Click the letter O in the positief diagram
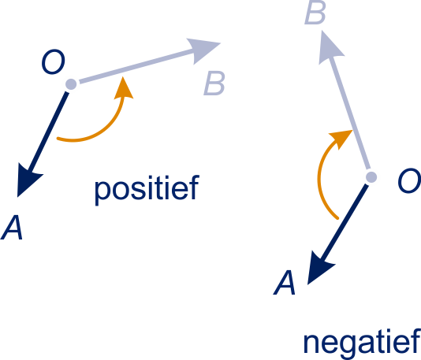[x=53, y=61]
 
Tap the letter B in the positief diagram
[x=214, y=84]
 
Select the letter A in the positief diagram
[x=12, y=227]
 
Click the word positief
[x=147, y=190]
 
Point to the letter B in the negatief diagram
[x=315, y=13]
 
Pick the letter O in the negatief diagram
[x=408, y=180]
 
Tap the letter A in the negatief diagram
[x=285, y=283]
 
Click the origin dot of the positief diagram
[x=71, y=84]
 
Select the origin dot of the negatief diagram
[x=371, y=177]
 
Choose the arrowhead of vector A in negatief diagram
[x=319, y=269]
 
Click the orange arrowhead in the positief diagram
[x=124, y=88]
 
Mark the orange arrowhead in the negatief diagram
[x=341, y=138]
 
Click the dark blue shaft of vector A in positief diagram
[x=47, y=133]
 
